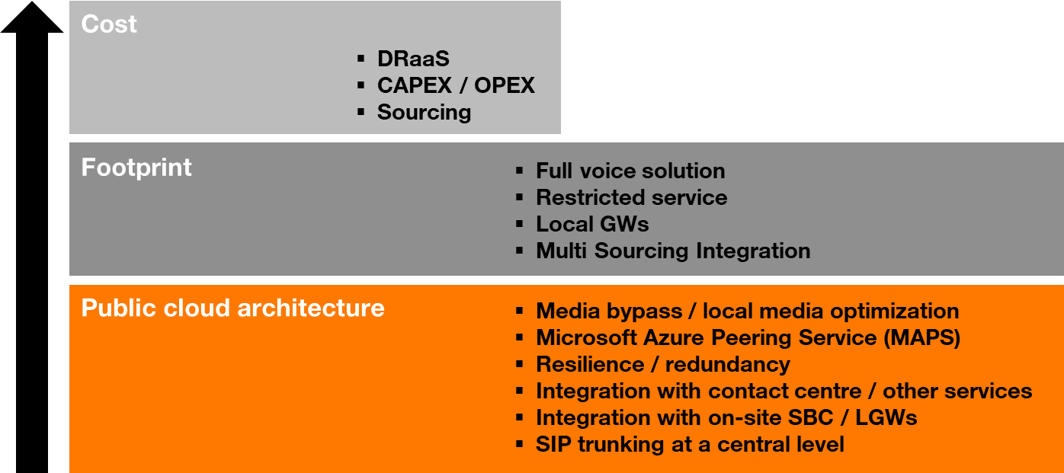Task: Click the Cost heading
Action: (x=109, y=24)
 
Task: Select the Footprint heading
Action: (x=136, y=168)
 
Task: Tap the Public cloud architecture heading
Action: (x=232, y=308)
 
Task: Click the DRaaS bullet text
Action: (x=413, y=59)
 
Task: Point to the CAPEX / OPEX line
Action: (x=456, y=85)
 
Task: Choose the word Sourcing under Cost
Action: (x=424, y=112)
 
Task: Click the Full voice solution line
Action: (x=630, y=171)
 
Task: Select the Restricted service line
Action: (x=631, y=197)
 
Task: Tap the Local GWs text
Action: (x=592, y=224)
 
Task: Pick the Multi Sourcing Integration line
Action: (x=673, y=251)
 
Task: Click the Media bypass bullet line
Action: (x=747, y=311)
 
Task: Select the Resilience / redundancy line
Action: (x=662, y=364)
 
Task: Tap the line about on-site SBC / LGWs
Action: (x=726, y=417)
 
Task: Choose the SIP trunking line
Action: (x=690, y=444)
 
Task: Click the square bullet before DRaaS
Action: (x=361, y=59)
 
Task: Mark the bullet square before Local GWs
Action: (x=520, y=224)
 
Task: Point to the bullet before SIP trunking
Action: (x=520, y=444)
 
